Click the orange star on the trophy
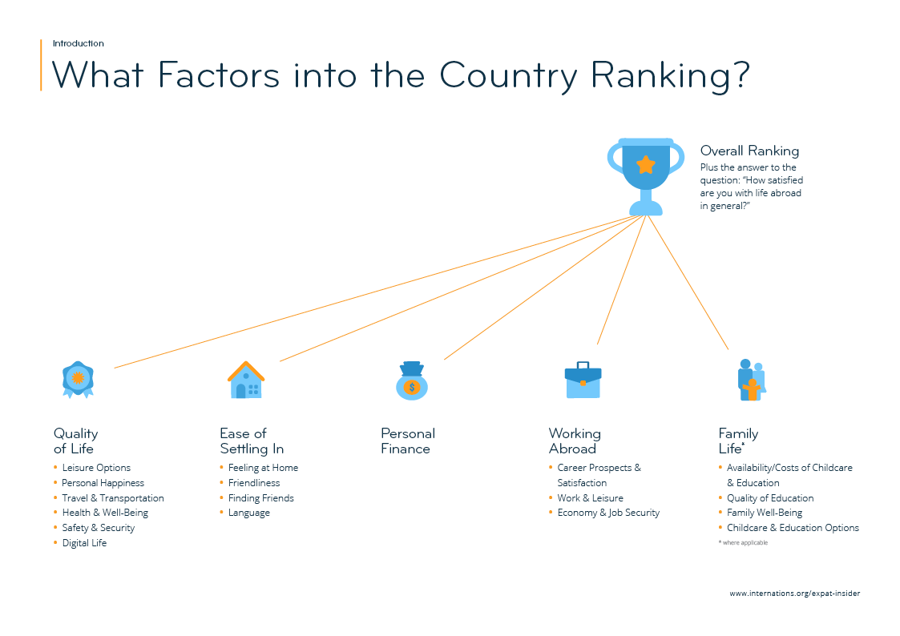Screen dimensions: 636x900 [x=646, y=165]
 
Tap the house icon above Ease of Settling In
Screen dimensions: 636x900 [x=246, y=380]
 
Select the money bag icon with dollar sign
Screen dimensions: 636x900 [x=412, y=381]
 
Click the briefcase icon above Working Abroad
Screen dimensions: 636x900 [x=583, y=380]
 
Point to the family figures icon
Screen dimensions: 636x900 [x=751, y=380]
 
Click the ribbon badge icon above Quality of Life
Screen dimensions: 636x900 [x=78, y=380]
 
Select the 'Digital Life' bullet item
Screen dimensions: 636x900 [x=84, y=543]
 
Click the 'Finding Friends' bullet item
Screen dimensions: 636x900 [x=260, y=498]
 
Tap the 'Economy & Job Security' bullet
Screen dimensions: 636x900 [x=608, y=513]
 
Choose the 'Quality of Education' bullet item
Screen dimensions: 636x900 [x=769, y=498]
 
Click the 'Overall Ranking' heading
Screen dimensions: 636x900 [x=749, y=151]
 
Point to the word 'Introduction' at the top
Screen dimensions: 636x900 [x=79, y=43]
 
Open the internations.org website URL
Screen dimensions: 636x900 [x=794, y=594]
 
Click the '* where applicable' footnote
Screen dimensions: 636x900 [x=743, y=543]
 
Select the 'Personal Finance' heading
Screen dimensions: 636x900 [x=408, y=441]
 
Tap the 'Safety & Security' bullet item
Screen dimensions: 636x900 [x=98, y=528]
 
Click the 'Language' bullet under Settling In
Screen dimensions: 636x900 [x=248, y=513]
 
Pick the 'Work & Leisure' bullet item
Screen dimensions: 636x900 [x=590, y=498]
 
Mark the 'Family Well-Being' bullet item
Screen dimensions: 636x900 [x=764, y=513]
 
